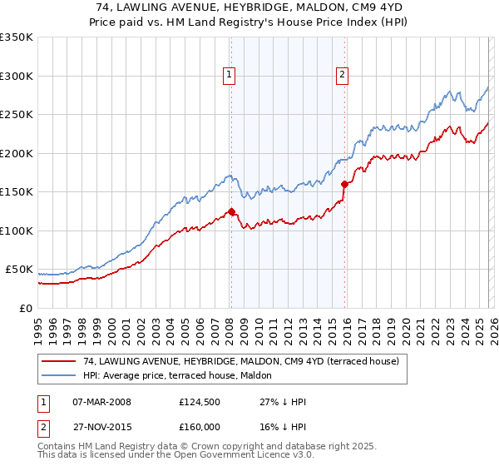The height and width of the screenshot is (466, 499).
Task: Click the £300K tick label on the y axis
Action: [17, 76]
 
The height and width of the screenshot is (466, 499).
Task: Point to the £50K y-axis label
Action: [19, 270]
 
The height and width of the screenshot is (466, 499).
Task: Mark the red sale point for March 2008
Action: [231, 211]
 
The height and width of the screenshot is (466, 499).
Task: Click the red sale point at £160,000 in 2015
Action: [344, 184]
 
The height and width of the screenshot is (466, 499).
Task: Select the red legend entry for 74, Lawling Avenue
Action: [241, 361]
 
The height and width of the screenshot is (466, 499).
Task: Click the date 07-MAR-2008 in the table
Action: [101, 402]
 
